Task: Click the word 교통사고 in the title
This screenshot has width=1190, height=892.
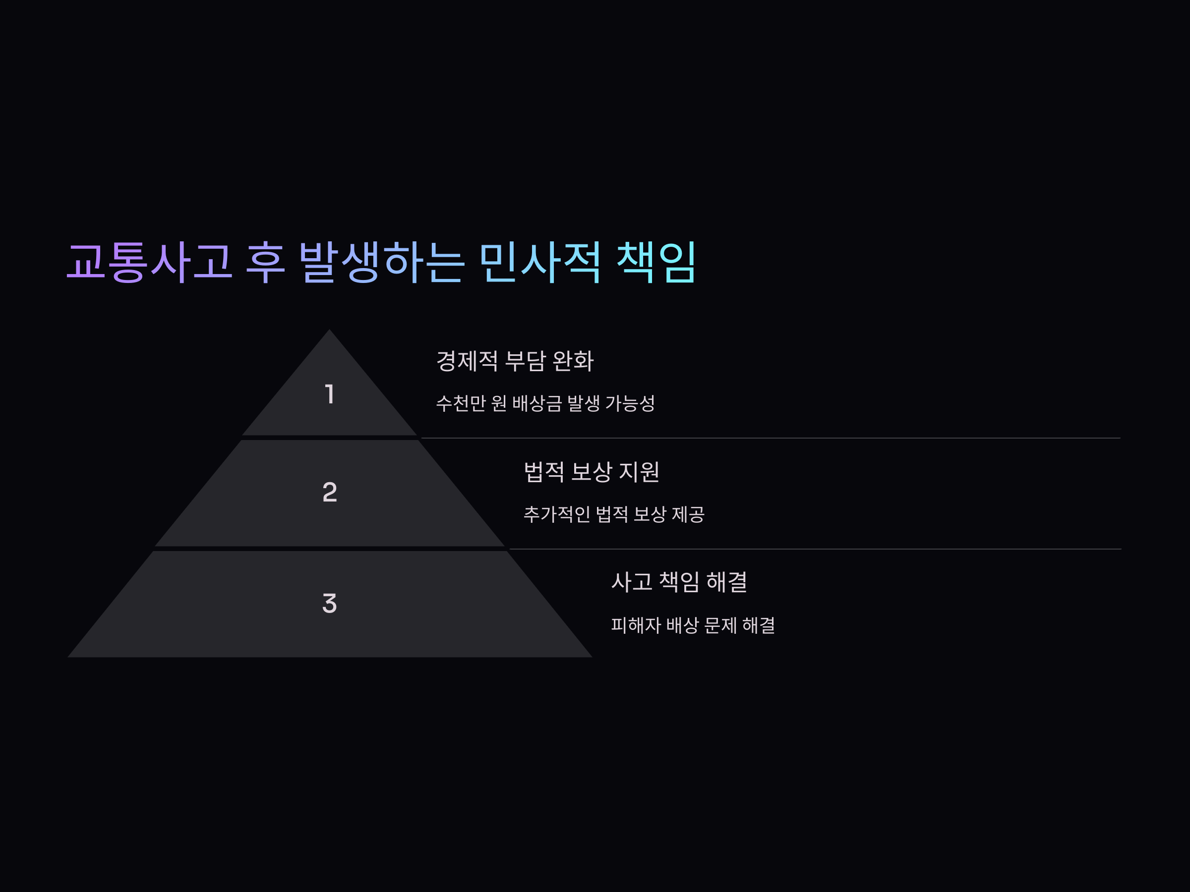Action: (x=149, y=262)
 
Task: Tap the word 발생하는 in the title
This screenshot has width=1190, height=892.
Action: (x=381, y=262)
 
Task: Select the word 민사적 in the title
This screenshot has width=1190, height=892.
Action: (x=539, y=262)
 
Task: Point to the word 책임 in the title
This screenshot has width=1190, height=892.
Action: (x=656, y=262)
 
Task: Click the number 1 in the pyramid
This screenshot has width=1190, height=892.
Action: (x=330, y=394)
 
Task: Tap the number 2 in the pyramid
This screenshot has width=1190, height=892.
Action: (x=330, y=492)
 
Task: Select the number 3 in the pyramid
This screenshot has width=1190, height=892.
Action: (x=330, y=603)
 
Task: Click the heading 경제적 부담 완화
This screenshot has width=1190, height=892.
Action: (x=515, y=361)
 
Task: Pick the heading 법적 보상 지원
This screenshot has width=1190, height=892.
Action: (x=592, y=472)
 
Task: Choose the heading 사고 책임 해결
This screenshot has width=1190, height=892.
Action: (x=679, y=582)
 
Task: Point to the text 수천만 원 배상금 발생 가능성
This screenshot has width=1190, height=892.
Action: (x=545, y=403)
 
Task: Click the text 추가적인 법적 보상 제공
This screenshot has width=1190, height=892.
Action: (x=614, y=514)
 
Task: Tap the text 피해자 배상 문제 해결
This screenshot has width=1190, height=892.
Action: (x=693, y=625)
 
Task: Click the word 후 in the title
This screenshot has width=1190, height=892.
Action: (x=265, y=262)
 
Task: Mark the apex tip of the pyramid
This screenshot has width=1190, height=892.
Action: (x=329, y=331)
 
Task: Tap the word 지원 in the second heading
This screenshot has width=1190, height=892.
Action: (x=639, y=472)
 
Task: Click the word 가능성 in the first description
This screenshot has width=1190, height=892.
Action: (x=630, y=403)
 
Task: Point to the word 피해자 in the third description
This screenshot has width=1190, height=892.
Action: (x=636, y=625)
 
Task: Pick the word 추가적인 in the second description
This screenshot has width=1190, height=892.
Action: (x=557, y=514)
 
